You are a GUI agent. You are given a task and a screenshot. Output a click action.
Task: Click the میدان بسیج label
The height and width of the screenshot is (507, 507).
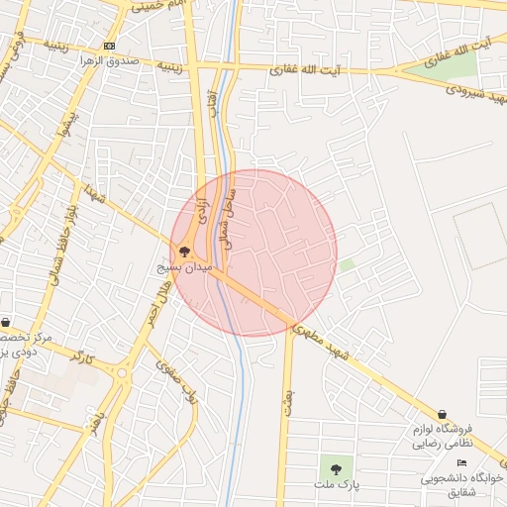tap(184, 267)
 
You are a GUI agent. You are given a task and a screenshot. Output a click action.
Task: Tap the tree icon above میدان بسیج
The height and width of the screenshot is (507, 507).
tap(184, 253)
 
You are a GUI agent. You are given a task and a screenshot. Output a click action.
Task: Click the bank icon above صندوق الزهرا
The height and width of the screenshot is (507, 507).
tap(108, 47)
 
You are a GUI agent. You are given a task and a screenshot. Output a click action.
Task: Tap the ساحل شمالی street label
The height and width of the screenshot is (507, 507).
tap(227, 218)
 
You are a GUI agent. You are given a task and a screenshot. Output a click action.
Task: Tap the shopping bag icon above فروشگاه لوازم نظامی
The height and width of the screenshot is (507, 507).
tap(442, 414)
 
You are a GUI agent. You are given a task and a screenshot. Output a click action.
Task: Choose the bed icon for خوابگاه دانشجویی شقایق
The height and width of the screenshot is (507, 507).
tap(460, 463)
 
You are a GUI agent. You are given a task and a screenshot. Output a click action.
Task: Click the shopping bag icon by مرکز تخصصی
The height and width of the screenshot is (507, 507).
tap(6, 323)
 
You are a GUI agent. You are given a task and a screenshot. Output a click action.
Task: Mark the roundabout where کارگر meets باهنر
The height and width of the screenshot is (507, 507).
tap(123, 374)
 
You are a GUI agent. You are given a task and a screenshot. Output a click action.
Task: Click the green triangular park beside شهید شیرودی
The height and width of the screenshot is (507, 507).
tap(457, 65)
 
